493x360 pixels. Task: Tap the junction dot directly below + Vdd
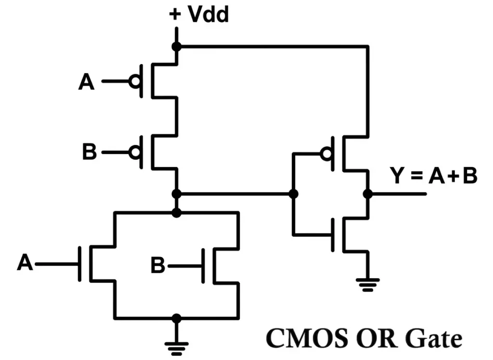177,47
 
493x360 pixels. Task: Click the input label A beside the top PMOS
87,82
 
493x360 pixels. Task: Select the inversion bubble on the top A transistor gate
135,82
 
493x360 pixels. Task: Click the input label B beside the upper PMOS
90,153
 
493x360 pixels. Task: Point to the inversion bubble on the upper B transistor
135,153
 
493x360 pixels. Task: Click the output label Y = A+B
433,176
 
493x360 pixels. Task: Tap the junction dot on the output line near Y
368,194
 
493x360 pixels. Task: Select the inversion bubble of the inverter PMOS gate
327,154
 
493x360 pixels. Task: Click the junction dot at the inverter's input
293,194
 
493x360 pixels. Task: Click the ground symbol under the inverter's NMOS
368,285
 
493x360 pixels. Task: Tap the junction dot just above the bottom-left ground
177,318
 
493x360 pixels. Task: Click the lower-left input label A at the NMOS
25,264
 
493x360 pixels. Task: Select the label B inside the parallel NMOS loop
158,265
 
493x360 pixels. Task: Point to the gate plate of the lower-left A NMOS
79,264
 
